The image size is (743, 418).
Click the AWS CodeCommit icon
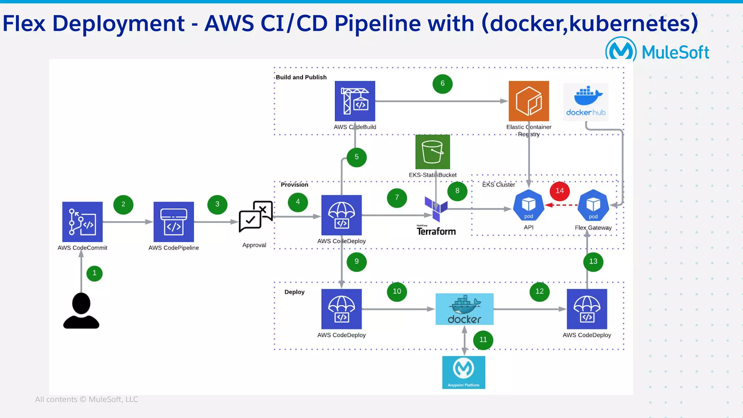(x=82, y=222)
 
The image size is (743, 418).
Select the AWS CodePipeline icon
(x=173, y=222)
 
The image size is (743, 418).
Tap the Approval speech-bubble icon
(x=255, y=216)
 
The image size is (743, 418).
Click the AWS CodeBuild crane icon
(x=355, y=101)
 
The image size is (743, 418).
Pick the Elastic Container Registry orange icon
(x=529, y=101)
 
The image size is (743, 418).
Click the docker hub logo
(x=586, y=102)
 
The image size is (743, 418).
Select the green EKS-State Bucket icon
(x=432, y=152)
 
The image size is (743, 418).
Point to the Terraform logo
(x=436, y=218)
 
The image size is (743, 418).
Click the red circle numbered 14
(x=559, y=191)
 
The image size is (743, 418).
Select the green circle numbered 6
(x=442, y=84)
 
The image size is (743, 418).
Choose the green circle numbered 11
(x=483, y=340)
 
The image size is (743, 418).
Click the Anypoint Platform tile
(x=463, y=372)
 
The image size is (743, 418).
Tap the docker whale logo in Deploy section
(x=464, y=309)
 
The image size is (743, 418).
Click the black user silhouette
(x=81, y=311)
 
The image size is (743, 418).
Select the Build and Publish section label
(x=301, y=77)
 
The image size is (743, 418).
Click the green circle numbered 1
(x=94, y=273)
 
